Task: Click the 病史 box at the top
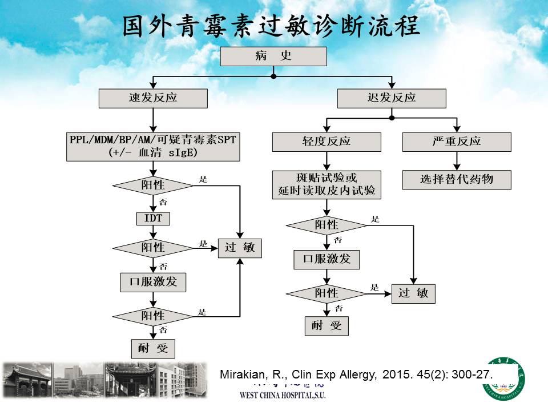click(273, 57)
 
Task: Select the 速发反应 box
click(152, 98)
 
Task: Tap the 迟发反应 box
click(391, 98)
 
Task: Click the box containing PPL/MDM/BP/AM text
click(152, 146)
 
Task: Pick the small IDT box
click(153, 218)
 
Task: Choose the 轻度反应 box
click(327, 142)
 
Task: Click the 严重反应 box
click(456, 142)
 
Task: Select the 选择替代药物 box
click(456, 180)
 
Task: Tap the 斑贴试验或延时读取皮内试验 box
click(327, 184)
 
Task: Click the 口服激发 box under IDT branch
click(153, 282)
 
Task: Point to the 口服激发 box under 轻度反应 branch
click(327, 259)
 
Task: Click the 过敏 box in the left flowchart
click(240, 248)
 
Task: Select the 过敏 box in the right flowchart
click(413, 293)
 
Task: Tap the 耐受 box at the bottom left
click(153, 348)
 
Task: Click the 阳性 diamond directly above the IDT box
click(153, 186)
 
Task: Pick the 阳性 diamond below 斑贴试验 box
click(327, 225)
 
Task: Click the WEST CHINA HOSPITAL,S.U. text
click(282, 395)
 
